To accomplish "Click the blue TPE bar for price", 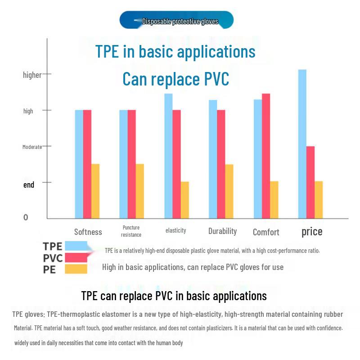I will [x=302, y=144].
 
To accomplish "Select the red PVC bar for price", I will [x=310, y=182].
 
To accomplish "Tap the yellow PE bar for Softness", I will [x=95, y=191].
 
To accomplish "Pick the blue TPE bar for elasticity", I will [x=168, y=156].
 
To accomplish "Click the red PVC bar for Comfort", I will [x=266, y=156].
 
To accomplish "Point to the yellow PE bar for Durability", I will [x=229, y=191].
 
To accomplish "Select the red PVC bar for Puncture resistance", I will [x=132, y=164].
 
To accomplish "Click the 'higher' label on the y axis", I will [x=32, y=75].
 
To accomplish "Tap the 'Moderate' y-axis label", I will [x=32, y=147].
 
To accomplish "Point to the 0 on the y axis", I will [x=26, y=217].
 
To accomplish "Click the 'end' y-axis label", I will [x=29, y=185].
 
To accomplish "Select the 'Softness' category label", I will [x=88, y=232].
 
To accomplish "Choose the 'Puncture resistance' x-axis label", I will [x=131, y=231].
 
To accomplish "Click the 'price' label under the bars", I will [x=312, y=232].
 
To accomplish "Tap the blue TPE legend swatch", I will [x=76, y=246].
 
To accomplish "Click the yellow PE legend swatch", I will [x=76, y=269].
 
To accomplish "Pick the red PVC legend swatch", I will [x=76, y=257].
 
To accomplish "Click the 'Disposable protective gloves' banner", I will [x=177, y=21].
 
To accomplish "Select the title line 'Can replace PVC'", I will [x=176, y=79].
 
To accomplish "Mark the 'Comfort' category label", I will [x=266, y=232].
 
